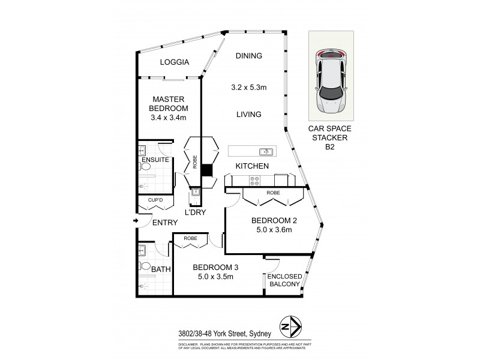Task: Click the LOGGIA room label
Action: click(175, 62)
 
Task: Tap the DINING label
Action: click(248, 56)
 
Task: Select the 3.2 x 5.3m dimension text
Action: click(249, 87)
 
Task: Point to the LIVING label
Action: click(248, 114)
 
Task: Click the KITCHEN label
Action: click(251, 166)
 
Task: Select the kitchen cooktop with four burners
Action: click(254, 179)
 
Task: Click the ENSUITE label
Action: click(154, 160)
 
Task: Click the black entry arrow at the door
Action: click(136, 222)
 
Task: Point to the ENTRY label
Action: click(164, 223)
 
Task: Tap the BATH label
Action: click(161, 269)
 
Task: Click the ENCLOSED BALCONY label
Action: click(284, 280)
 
